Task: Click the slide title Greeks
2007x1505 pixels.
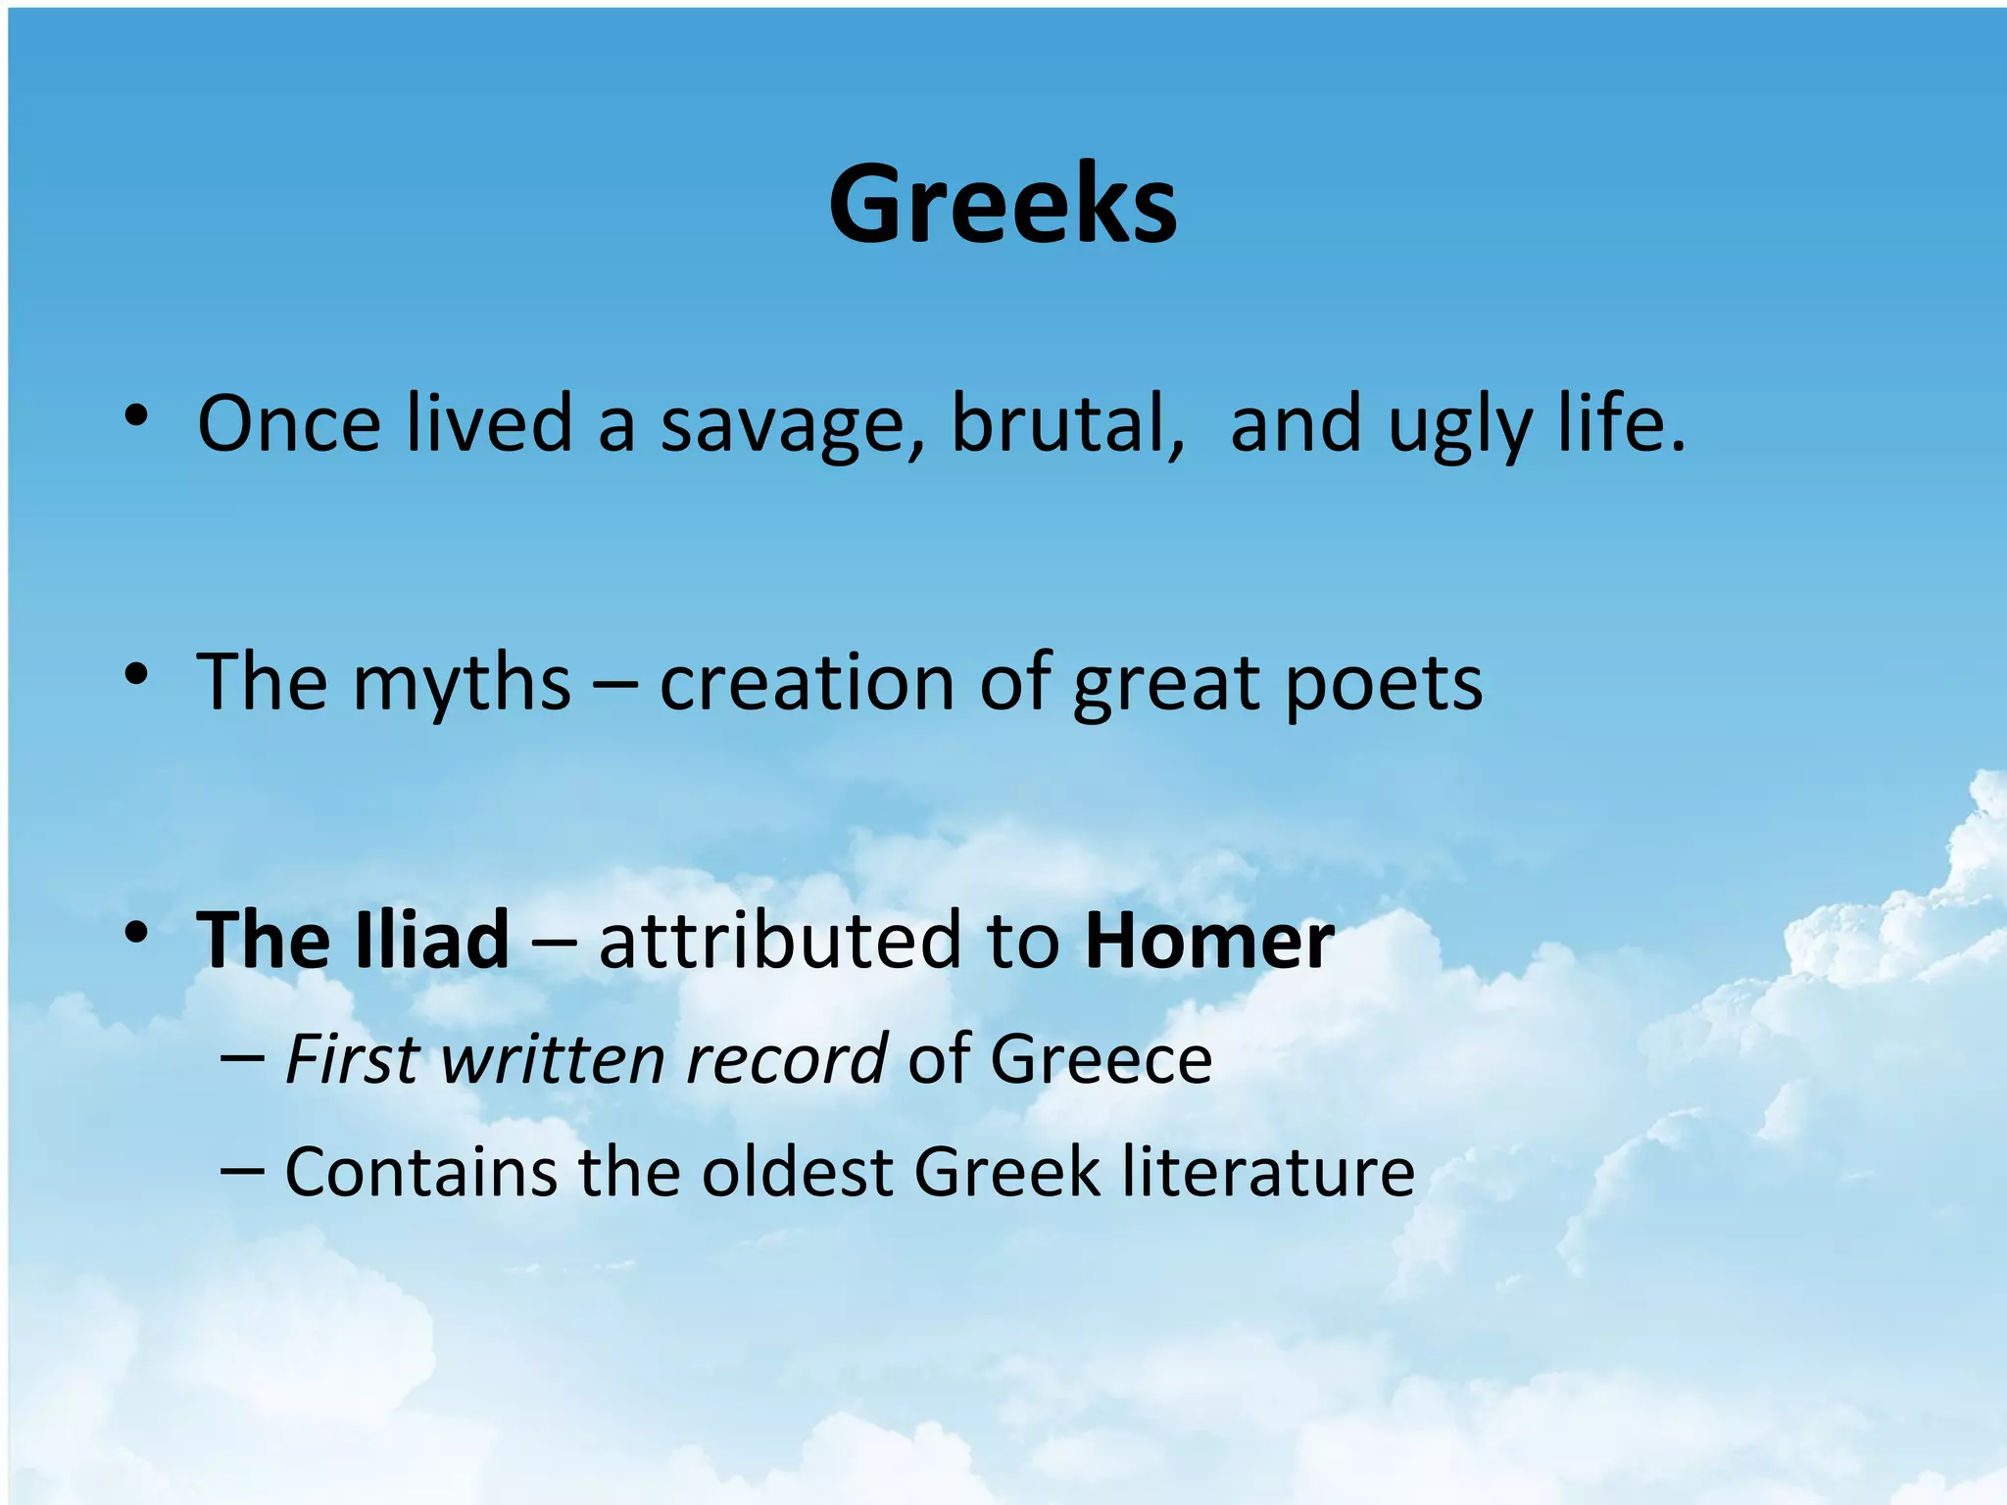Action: pyautogui.click(x=1003, y=206)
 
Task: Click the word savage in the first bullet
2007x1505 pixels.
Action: pyautogui.click(x=791, y=424)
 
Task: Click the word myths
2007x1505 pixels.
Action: pyautogui.click(x=461, y=683)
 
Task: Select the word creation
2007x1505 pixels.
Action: pyautogui.click(x=807, y=683)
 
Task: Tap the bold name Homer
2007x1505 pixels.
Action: pyautogui.click(x=1209, y=940)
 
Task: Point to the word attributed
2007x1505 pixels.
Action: pyautogui.click(x=779, y=940)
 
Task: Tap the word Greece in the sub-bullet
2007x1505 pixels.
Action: pyautogui.click(x=1101, y=1059)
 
